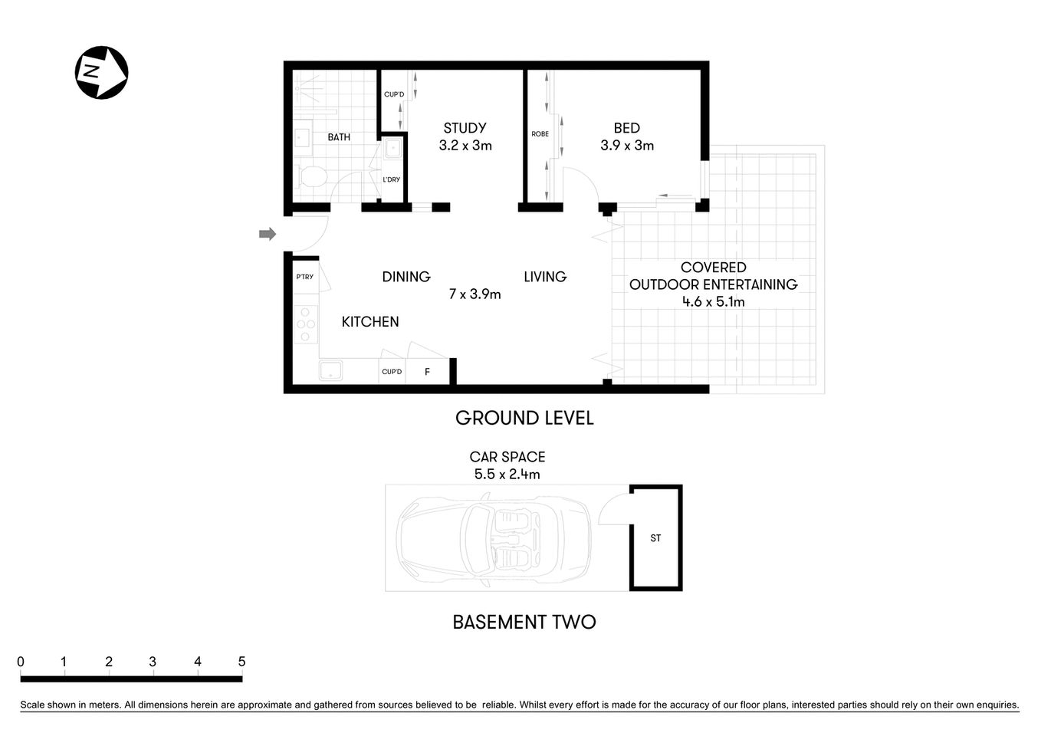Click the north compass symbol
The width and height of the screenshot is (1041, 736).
click(101, 73)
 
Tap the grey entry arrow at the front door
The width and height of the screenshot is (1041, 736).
click(267, 234)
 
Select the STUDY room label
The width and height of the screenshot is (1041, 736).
click(465, 128)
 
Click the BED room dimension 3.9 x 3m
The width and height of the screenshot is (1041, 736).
click(627, 146)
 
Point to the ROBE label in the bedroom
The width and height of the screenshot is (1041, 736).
click(540, 134)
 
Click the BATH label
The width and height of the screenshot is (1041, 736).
click(339, 137)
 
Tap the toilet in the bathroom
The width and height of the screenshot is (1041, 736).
click(310, 178)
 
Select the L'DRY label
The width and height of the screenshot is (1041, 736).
click(391, 179)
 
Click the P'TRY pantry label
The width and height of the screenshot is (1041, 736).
click(304, 277)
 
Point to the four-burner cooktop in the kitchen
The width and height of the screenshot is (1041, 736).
click(305, 324)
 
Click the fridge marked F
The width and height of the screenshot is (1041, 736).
click(427, 372)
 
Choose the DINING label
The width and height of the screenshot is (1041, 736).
click(406, 277)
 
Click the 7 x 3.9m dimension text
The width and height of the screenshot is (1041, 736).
click(475, 294)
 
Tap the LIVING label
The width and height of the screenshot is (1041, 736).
click(545, 277)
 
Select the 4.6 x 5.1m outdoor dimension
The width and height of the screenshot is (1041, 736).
click(713, 301)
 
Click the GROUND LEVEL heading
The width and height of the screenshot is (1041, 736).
click(524, 418)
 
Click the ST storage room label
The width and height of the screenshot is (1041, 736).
click(655, 538)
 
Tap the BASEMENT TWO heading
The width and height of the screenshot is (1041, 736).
click(524, 622)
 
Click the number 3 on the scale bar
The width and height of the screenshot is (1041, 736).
click(153, 662)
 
